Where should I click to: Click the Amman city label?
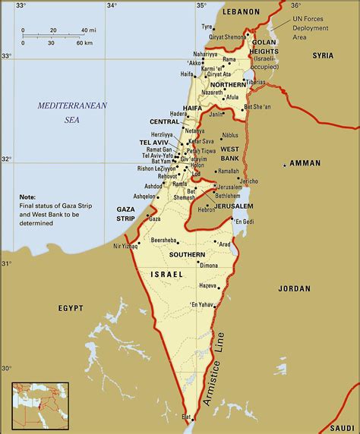305,163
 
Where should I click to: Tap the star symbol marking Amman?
285,164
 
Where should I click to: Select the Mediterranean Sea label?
73,112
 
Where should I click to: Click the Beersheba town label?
165,239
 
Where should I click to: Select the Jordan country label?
295,288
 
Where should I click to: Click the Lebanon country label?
242,12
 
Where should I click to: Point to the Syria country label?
323,55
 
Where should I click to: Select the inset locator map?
39,407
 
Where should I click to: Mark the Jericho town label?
248,181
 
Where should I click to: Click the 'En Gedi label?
245,222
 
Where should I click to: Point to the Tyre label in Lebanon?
207,27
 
